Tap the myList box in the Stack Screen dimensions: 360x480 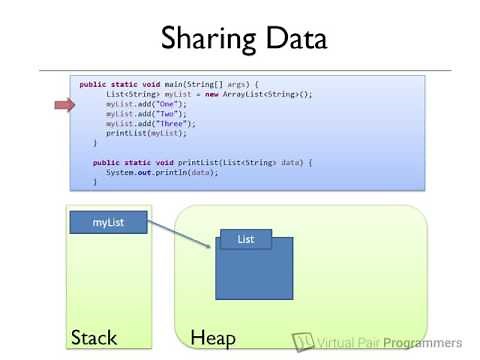point(108,222)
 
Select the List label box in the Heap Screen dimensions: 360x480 point(245,239)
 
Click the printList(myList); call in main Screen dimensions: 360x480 point(139,133)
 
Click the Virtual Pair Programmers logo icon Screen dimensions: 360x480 point(302,340)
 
